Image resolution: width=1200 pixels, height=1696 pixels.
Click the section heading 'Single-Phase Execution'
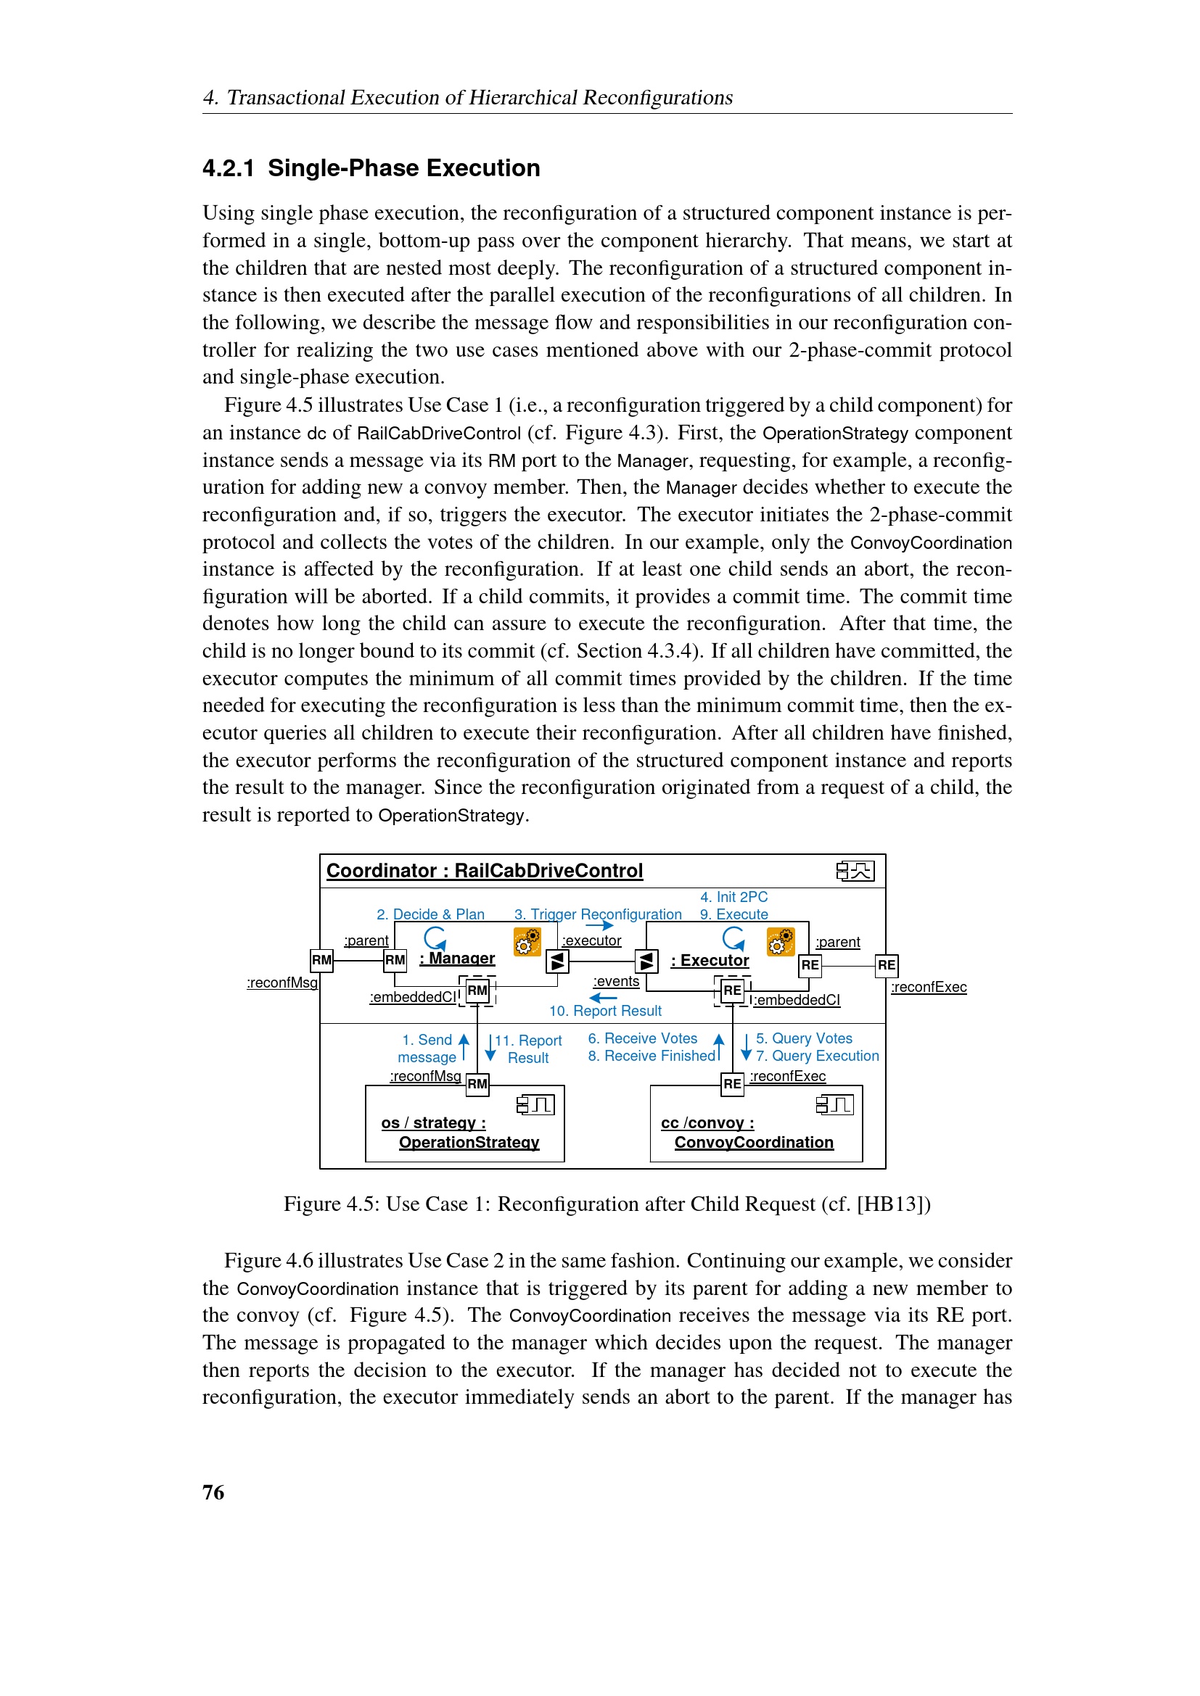pyautogui.click(x=403, y=167)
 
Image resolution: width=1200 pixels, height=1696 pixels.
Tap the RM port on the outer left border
pyautogui.click(x=321, y=960)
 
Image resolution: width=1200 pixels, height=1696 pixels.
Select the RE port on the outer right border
pyautogui.click(x=886, y=964)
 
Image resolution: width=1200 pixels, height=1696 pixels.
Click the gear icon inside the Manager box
pyautogui.click(x=527, y=942)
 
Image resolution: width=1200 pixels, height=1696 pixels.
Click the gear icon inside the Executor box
pyautogui.click(x=781, y=942)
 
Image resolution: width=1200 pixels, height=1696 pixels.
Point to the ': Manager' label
pyautogui.click(x=457, y=958)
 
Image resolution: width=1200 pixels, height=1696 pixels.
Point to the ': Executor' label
pyautogui.click(x=710, y=960)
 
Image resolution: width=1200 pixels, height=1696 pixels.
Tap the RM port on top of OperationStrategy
pyautogui.click(x=477, y=1083)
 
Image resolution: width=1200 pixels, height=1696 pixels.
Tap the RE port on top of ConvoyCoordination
pyautogui.click(x=731, y=1083)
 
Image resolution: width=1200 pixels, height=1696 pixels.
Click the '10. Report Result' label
pyautogui.click(x=605, y=1011)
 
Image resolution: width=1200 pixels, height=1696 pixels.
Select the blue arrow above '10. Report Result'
pyautogui.click(x=603, y=998)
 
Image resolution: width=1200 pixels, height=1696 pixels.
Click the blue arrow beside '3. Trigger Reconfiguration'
pyautogui.click(x=599, y=925)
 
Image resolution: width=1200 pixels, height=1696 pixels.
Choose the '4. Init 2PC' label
pyautogui.click(x=733, y=897)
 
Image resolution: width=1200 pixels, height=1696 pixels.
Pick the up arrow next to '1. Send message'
pyautogui.click(x=464, y=1046)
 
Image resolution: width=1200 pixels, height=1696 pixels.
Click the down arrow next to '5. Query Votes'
pyautogui.click(x=746, y=1046)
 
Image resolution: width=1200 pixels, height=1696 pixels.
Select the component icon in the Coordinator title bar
pyautogui.click(x=855, y=871)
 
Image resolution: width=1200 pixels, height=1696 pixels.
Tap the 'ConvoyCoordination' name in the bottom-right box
pyautogui.click(x=754, y=1142)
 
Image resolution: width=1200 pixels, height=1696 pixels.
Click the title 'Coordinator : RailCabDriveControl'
pyautogui.click(x=485, y=871)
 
